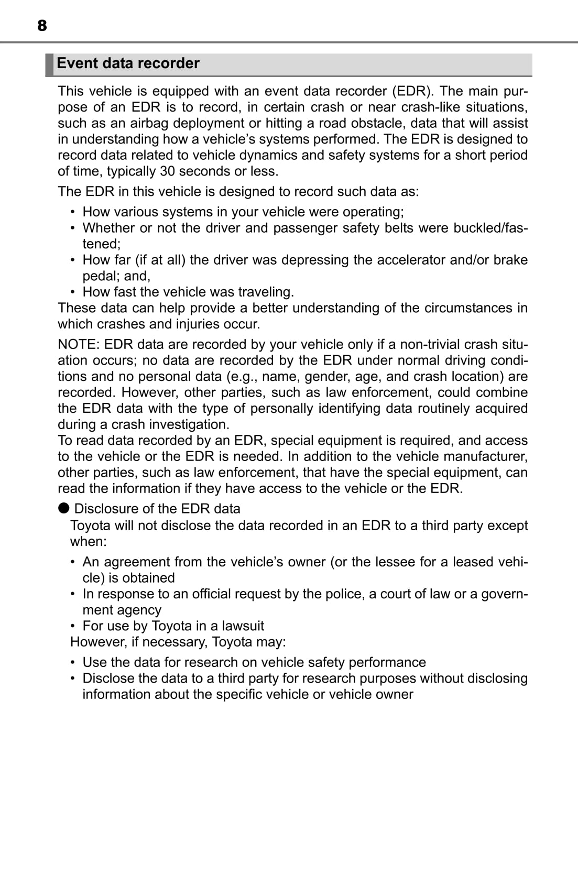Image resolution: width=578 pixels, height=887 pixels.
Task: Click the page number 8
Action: pos(42,25)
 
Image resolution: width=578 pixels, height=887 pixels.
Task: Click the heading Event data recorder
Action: pos(128,63)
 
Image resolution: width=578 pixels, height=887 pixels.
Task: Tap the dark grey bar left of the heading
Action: pos(49,64)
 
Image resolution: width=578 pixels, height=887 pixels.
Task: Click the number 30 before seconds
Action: pos(167,171)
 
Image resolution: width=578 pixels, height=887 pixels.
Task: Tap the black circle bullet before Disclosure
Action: pos(64,508)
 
